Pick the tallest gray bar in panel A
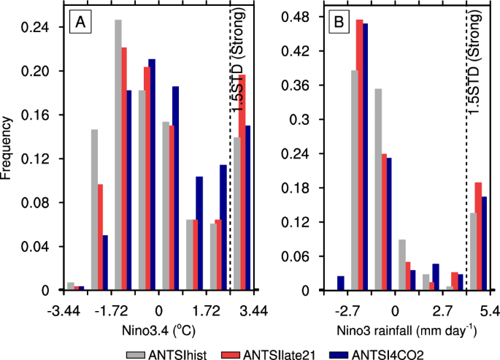118,155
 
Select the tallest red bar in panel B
359,155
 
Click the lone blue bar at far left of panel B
340,283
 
